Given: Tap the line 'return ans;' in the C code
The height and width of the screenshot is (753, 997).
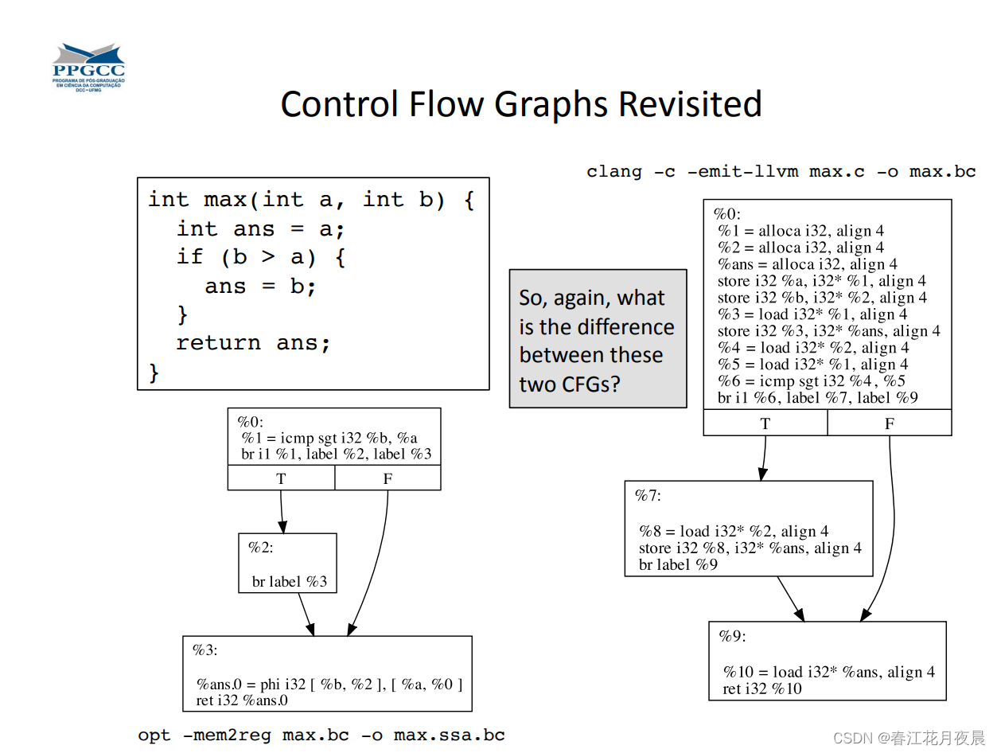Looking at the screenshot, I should [252, 343].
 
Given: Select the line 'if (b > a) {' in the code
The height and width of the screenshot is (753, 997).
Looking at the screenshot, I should [261, 257].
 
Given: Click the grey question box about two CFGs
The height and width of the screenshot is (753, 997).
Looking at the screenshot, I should [597, 339].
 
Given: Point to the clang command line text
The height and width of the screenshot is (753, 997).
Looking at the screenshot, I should [781, 172].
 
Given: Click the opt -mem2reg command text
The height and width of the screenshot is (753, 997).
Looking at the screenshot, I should [321, 735].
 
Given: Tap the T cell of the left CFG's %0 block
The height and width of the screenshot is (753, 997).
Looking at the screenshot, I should [281, 478].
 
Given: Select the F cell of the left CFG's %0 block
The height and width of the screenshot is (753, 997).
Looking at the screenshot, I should [388, 478].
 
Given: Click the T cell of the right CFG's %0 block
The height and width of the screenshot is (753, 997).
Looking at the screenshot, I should [765, 423].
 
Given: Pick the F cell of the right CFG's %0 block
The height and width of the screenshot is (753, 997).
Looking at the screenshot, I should [890, 423].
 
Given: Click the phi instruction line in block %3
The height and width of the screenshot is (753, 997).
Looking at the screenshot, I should [329, 684].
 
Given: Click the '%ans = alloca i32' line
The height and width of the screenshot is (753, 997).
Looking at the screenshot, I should [808, 264].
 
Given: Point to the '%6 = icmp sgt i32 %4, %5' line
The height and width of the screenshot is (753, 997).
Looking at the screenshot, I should [811, 381].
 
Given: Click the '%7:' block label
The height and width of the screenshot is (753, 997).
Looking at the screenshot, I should [648, 496].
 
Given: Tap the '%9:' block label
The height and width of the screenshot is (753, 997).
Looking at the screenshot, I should [732, 636].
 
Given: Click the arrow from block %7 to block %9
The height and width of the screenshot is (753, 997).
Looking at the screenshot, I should [790, 599].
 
